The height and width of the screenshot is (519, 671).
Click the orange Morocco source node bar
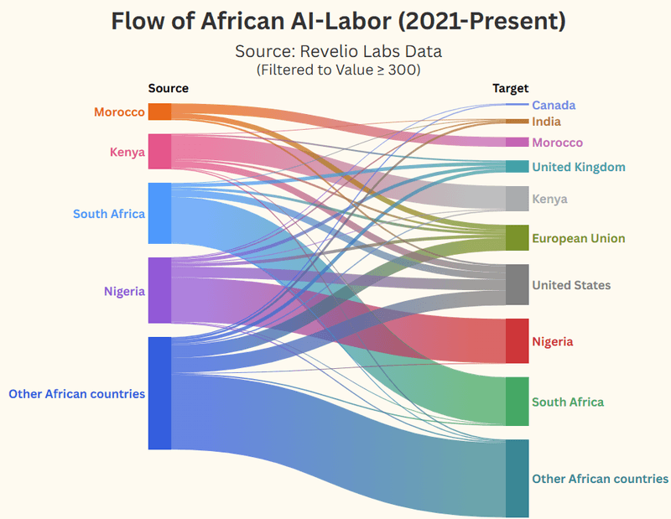(159, 112)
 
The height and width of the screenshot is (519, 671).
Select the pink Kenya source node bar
(159, 151)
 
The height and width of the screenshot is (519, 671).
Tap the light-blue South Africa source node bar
(159, 213)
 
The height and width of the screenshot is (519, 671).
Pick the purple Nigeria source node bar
(159, 290)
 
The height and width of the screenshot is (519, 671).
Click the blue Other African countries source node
(159, 392)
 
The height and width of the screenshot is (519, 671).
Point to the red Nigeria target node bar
(517, 340)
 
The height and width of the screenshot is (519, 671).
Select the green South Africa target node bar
(517, 401)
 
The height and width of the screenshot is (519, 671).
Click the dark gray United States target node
(517, 284)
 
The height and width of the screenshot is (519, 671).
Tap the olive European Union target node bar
(517, 237)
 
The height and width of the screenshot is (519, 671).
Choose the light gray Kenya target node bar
(517, 198)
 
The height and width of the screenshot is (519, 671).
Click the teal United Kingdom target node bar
(517, 166)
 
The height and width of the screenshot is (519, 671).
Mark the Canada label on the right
(554, 105)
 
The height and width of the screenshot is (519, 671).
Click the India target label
(546, 122)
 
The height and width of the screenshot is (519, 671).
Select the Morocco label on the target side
(557, 143)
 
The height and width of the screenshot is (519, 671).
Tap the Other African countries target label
(600, 479)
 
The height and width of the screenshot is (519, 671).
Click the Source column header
(169, 88)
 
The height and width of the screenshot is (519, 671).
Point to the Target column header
(511, 88)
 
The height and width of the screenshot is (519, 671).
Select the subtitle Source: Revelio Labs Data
(338, 51)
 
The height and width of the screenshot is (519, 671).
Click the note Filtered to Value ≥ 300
(338, 70)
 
